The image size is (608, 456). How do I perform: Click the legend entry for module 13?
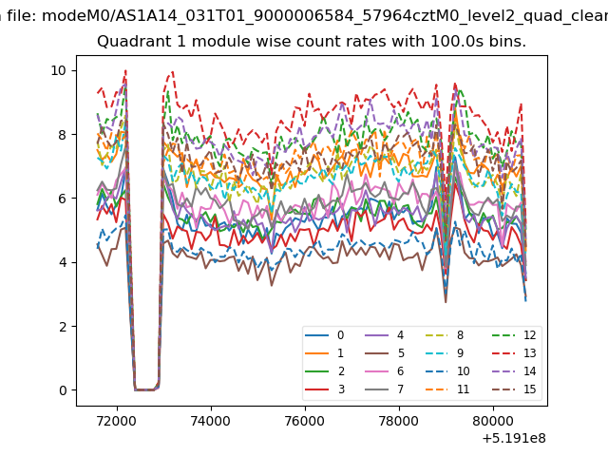(x=514, y=353)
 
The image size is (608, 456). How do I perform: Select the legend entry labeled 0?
(x=325, y=335)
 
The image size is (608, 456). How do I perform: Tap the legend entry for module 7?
(x=385, y=389)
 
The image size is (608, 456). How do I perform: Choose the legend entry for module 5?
(x=385, y=353)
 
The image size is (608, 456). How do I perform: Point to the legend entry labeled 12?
(x=514, y=335)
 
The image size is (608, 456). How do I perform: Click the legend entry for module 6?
(x=385, y=371)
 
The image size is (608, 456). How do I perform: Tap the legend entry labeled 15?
(x=514, y=389)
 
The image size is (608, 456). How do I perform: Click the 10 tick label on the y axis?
(x=58, y=70)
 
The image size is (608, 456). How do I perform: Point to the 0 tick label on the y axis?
(x=63, y=390)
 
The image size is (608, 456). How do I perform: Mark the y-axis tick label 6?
(x=63, y=199)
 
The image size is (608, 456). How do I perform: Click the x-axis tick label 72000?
(x=117, y=421)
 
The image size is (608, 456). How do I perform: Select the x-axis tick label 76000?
(x=305, y=421)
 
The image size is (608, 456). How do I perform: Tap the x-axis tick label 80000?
(x=493, y=421)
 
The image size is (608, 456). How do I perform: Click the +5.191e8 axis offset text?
(x=514, y=439)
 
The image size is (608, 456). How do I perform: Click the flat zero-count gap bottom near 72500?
(x=144, y=389)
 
